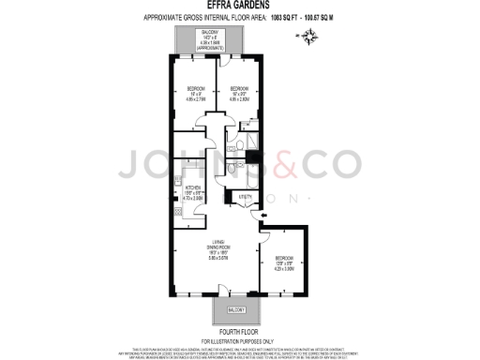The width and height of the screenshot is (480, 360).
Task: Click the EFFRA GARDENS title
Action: coord(239,6)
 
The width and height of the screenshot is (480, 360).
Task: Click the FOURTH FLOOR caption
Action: coord(239,330)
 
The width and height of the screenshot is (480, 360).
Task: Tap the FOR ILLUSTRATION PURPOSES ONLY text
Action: coord(239,338)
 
